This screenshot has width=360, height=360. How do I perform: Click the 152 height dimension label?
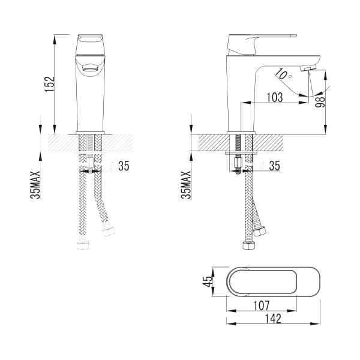click(x=50, y=84)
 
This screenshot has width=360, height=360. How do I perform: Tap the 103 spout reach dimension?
click(x=275, y=97)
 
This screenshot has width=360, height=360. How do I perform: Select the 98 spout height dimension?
click(x=320, y=102)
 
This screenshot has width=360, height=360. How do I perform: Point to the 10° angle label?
click(x=283, y=74)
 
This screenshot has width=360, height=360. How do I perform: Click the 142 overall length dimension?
click(x=273, y=319)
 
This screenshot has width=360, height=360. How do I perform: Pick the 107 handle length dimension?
click(x=261, y=305)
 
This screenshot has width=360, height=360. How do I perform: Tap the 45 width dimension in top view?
click(x=208, y=281)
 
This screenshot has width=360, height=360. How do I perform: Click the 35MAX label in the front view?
click(x=35, y=185)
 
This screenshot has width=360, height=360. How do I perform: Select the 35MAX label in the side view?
click(x=186, y=185)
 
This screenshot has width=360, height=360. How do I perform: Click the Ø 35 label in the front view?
click(x=119, y=166)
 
